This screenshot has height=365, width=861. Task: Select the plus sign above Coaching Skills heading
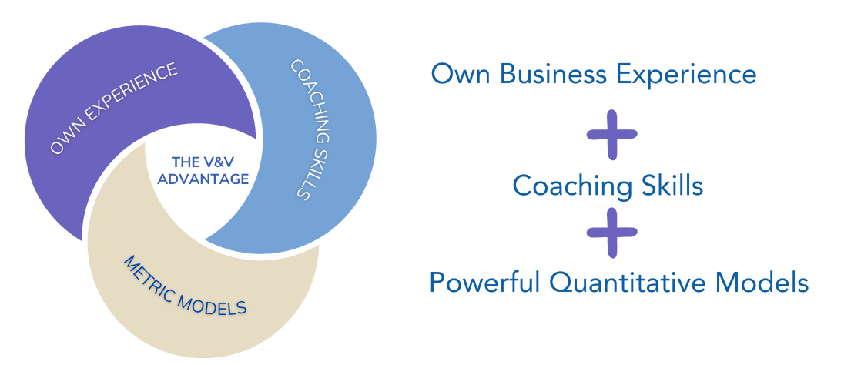click(612, 134)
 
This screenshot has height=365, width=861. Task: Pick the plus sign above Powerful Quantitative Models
click(612, 230)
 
